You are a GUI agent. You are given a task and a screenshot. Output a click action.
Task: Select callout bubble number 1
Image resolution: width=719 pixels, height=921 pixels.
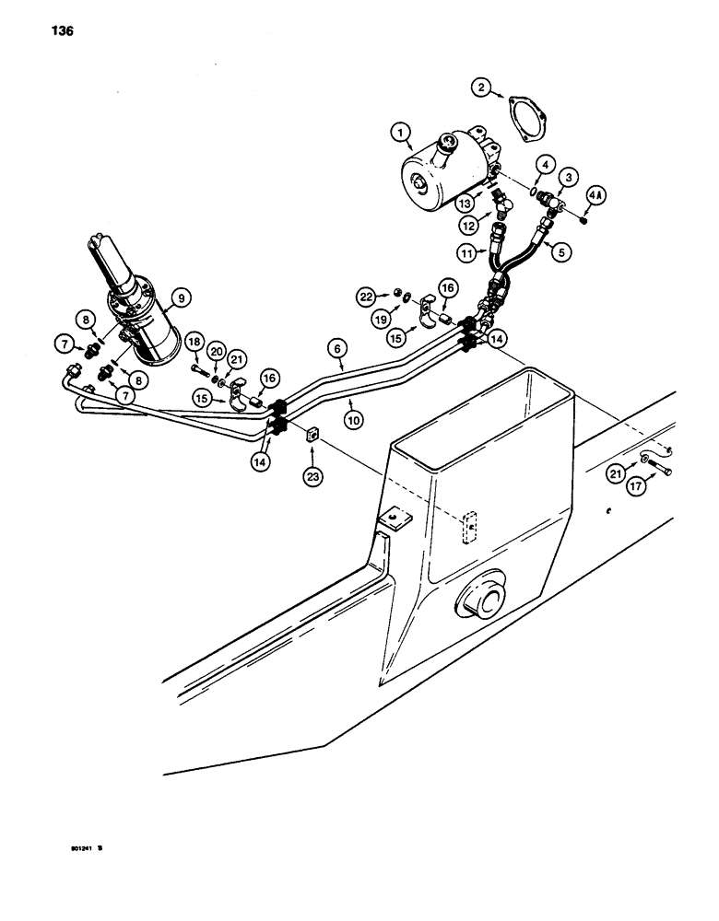point(400,134)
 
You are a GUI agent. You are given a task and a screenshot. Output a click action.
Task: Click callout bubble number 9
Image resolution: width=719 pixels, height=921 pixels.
point(180,297)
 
